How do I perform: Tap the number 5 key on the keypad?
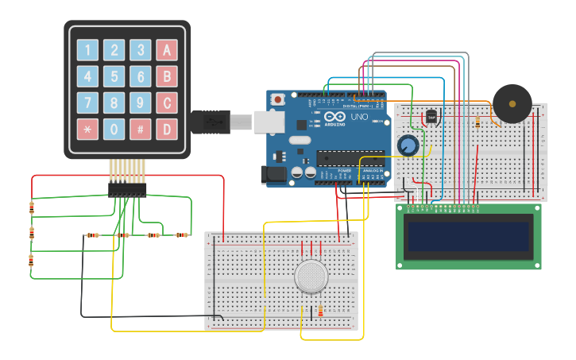[114, 77]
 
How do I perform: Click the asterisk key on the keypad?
[87, 130]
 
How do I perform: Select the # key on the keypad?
[141, 130]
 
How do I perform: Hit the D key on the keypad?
[167, 130]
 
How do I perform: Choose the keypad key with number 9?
[141, 103]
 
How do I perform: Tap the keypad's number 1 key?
[87, 51]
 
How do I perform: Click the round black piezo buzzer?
[512, 103]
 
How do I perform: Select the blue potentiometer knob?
[408, 145]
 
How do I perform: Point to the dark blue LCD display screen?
[468, 236]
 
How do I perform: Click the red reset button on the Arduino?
[278, 100]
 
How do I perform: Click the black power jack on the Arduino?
[274, 174]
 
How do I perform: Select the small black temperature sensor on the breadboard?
[431, 117]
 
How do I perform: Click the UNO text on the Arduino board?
[360, 118]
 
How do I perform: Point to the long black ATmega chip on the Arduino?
[350, 157]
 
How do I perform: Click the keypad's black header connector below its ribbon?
[127, 190]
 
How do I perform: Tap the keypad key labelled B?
[167, 77]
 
